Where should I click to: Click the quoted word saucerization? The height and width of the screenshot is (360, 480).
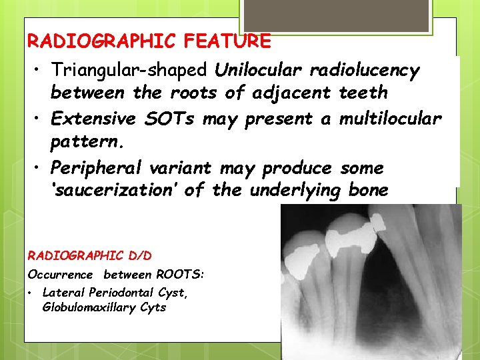point(116,191)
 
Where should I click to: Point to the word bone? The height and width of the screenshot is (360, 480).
point(368,191)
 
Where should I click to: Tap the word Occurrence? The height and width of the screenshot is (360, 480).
point(61,275)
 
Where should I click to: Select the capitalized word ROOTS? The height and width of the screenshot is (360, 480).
point(180,275)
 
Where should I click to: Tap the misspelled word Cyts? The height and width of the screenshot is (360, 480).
point(153,307)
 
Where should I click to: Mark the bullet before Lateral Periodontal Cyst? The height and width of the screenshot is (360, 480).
point(31,293)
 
